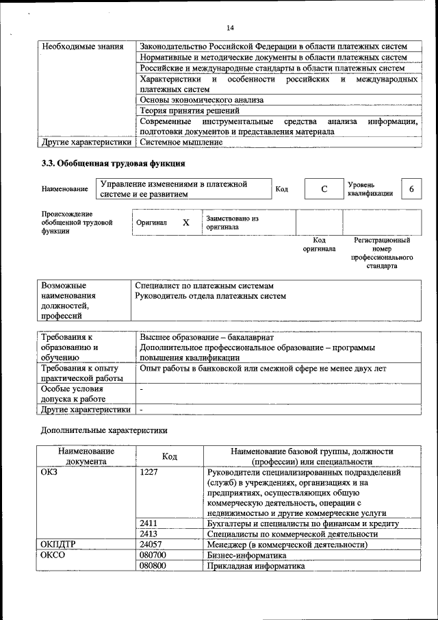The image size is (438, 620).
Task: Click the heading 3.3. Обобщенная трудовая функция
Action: point(114,164)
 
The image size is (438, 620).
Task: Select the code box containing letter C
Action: point(324,188)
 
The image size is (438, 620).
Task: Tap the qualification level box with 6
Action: point(411,188)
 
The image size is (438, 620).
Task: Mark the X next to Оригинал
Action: point(185,223)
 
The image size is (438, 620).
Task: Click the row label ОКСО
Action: point(53,555)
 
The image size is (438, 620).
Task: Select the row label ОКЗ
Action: point(51,473)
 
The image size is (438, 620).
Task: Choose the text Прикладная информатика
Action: point(255,566)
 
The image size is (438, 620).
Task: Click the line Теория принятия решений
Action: point(190,110)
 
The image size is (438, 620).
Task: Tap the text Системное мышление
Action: point(181,142)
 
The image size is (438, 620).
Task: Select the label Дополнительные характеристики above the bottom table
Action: point(104,430)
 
